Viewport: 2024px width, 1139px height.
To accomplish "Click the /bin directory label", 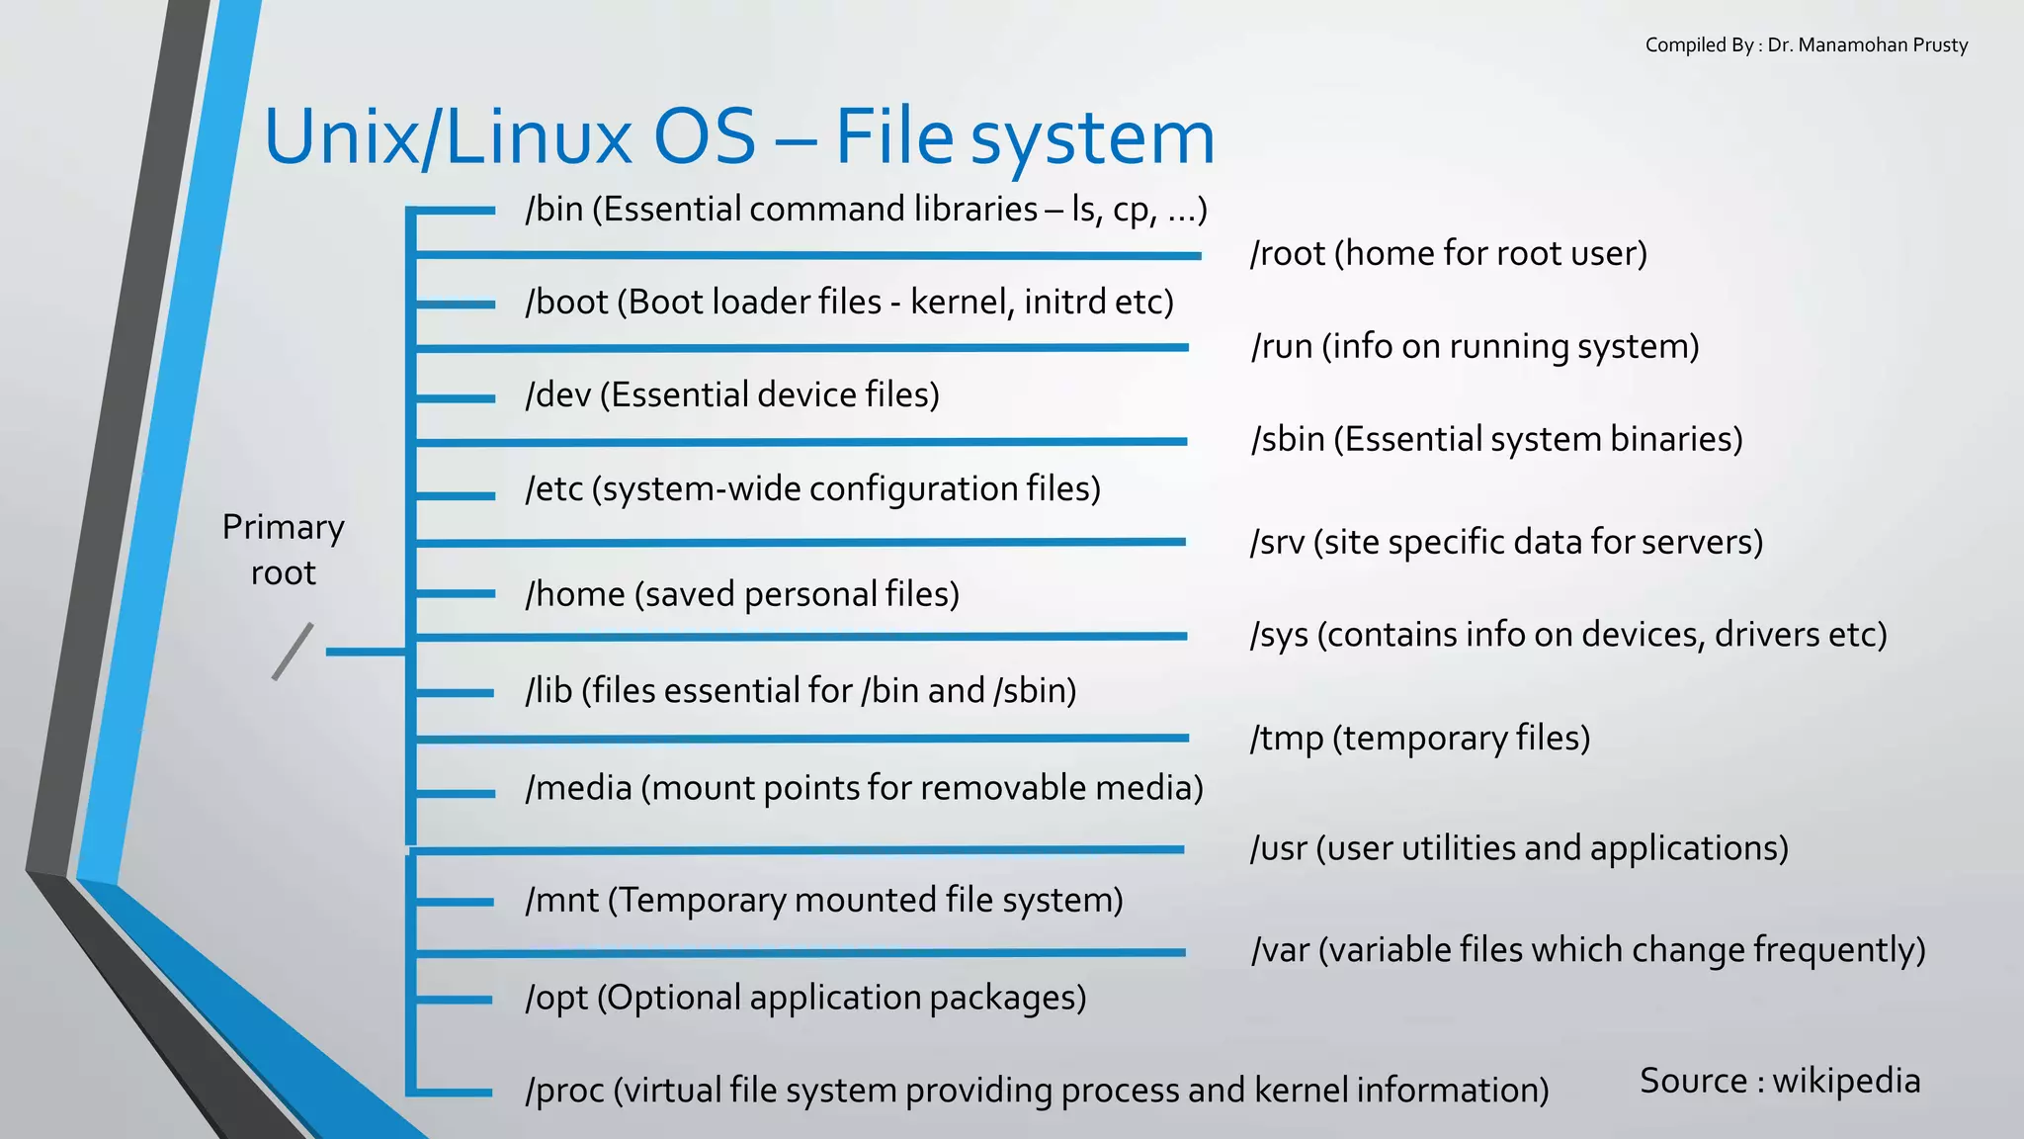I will tap(553, 210).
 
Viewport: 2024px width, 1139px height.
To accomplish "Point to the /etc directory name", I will tap(553, 488).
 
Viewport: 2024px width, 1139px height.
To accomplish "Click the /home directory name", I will tap(575, 594).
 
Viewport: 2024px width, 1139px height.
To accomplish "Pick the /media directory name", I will tap(578, 788).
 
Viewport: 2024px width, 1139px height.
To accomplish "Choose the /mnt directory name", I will tap(561, 901).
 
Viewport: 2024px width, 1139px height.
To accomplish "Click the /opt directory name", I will tap(556, 999).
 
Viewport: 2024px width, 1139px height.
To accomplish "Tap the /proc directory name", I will tap(564, 1091).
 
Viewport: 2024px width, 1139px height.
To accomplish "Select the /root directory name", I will tap(1288, 254).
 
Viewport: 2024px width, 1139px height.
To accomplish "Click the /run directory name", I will tap(1281, 347).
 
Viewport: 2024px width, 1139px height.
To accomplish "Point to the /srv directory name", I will tap(1277, 543).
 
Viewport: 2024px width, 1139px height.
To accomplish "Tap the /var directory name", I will tap(1280, 950).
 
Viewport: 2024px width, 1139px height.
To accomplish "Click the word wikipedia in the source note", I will tap(1846, 1082).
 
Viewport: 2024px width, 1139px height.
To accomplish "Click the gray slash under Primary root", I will tap(293, 652).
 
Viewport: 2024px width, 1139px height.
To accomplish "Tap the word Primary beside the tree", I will tap(283, 527).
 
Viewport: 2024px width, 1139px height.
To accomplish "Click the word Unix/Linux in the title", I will tap(448, 136).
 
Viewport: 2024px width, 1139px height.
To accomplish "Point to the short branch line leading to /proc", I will tap(454, 1093).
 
